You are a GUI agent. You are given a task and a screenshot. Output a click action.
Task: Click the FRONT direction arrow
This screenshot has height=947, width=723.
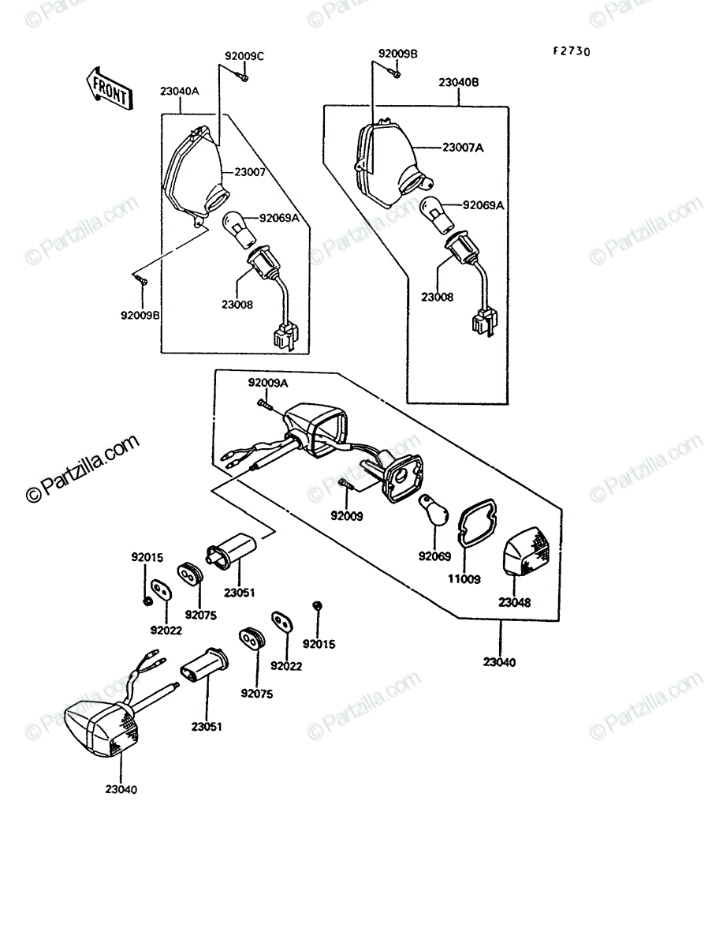[110, 89]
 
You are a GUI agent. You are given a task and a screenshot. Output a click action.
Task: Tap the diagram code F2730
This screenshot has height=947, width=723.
[572, 51]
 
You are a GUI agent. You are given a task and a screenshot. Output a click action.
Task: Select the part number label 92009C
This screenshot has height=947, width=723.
[244, 56]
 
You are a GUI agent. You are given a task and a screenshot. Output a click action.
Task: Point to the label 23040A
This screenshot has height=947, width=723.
[180, 91]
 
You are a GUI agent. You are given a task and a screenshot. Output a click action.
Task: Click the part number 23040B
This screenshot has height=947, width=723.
[458, 82]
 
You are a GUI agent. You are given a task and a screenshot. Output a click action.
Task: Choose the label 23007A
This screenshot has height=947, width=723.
[463, 148]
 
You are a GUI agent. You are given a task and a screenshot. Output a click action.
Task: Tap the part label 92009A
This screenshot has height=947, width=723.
[267, 383]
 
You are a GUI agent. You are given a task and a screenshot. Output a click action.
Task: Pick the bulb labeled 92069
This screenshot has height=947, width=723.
[434, 510]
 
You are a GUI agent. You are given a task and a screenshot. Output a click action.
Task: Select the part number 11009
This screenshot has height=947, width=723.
[464, 579]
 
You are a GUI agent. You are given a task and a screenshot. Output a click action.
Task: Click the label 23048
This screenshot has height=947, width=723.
[515, 602]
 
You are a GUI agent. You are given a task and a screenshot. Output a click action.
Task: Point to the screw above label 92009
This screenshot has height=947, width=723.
[346, 484]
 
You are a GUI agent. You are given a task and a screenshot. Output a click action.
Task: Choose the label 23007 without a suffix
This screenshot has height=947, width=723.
[250, 172]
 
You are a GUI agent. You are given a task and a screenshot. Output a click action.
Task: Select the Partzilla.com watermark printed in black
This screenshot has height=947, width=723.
[83, 468]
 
